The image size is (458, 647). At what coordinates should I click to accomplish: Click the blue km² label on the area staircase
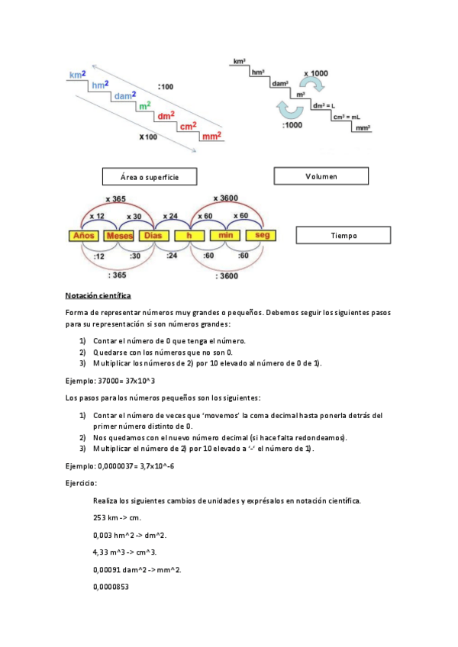tap(76, 75)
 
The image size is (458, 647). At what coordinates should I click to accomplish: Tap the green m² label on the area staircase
tap(144, 105)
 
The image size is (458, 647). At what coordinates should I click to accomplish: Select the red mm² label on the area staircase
tap(211, 137)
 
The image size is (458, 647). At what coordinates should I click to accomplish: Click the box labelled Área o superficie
tap(150, 177)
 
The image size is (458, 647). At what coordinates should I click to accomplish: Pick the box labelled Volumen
tap(321, 176)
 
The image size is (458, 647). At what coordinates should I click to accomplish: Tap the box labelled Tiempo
tap(343, 235)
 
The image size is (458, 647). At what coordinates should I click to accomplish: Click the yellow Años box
tap(83, 236)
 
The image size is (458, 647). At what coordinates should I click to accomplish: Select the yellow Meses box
tap(119, 236)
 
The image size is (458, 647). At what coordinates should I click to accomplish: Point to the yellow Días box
tap(155, 236)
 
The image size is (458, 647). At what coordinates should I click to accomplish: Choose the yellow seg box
tap(263, 236)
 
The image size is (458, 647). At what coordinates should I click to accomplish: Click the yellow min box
tap(225, 236)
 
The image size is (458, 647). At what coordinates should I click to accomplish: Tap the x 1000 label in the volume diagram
tap(315, 73)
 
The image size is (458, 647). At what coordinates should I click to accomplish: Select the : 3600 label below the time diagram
tap(227, 275)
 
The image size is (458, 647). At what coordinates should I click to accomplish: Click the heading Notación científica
tap(98, 295)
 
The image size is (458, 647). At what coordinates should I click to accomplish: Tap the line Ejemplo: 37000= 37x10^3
tap(111, 380)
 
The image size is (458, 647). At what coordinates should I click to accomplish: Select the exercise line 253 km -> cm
tap(120, 517)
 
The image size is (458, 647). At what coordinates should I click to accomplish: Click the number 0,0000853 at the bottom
tap(111, 587)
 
